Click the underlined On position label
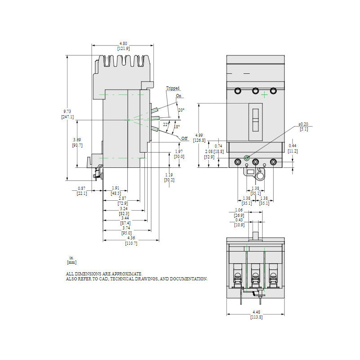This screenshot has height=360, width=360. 179,96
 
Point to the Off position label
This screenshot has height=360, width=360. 184,138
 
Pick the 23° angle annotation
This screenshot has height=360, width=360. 166,125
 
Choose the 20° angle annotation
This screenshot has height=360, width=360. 181,110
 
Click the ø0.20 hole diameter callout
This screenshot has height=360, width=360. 304,125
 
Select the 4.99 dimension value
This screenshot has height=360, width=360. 199,135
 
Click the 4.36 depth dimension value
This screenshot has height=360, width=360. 131,238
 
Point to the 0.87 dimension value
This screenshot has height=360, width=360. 81,188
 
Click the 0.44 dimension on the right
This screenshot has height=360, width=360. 292,146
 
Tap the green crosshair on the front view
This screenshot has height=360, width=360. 265,95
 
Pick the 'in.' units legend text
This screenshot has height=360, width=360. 71,257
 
